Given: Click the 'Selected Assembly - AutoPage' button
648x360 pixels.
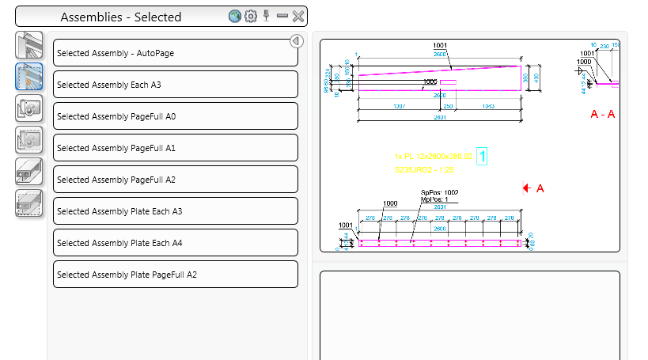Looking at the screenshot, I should point(175,53).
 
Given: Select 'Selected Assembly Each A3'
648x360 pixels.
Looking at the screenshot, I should point(175,85).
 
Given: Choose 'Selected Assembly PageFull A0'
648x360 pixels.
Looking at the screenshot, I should point(175,116).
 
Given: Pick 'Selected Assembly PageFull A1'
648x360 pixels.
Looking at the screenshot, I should point(175,148).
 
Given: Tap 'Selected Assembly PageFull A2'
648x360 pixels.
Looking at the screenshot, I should point(175,180).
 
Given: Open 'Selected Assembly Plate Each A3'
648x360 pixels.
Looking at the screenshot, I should point(175,211).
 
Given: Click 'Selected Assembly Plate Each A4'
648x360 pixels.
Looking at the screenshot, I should point(175,243).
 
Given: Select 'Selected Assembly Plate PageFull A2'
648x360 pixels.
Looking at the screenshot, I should point(175,275).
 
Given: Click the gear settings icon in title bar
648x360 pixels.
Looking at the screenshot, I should point(251,16).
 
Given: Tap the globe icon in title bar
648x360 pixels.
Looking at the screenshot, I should point(235,16).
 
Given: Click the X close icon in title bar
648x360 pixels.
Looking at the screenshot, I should point(298,16).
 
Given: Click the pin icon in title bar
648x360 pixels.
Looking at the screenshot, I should point(267,15).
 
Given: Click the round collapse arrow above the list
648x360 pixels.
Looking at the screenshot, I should point(297,41).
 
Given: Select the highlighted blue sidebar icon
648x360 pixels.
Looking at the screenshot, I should point(29,78).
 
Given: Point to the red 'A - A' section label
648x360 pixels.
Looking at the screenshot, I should point(603,115).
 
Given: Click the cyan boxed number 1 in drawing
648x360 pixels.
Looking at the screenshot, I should point(482,157).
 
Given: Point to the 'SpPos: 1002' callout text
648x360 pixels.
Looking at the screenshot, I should point(440,192).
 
